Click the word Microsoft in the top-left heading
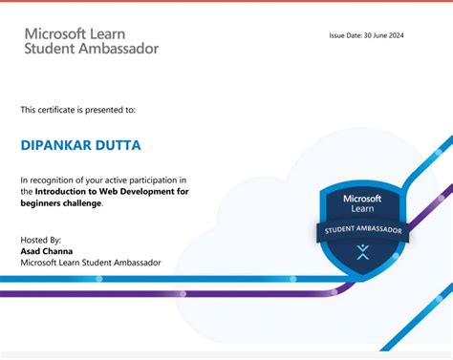[57, 32]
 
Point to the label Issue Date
[346, 36]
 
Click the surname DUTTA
[119, 145]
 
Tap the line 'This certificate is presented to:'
[78, 110]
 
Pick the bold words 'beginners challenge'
[61, 202]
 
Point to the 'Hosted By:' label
[41, 240]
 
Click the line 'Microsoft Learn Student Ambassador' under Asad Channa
[91, 263]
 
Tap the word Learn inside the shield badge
[363, 208]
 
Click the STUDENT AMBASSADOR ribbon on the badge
[363, 231]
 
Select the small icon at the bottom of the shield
[362, 252]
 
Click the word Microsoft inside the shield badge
[363, 198]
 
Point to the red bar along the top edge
[226, 2]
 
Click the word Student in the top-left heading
[50, 48]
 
